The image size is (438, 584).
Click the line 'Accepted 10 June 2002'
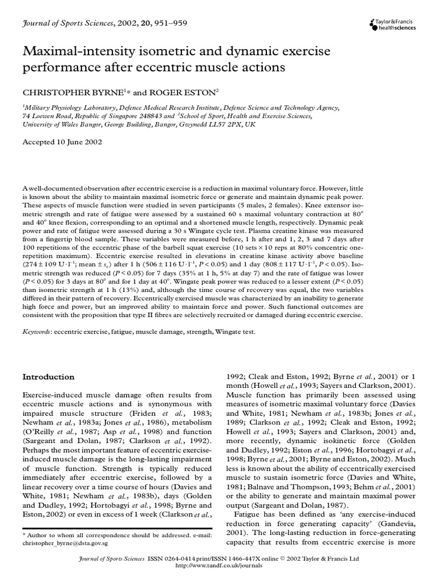point(62,142)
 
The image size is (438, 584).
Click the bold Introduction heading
point(48,377)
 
